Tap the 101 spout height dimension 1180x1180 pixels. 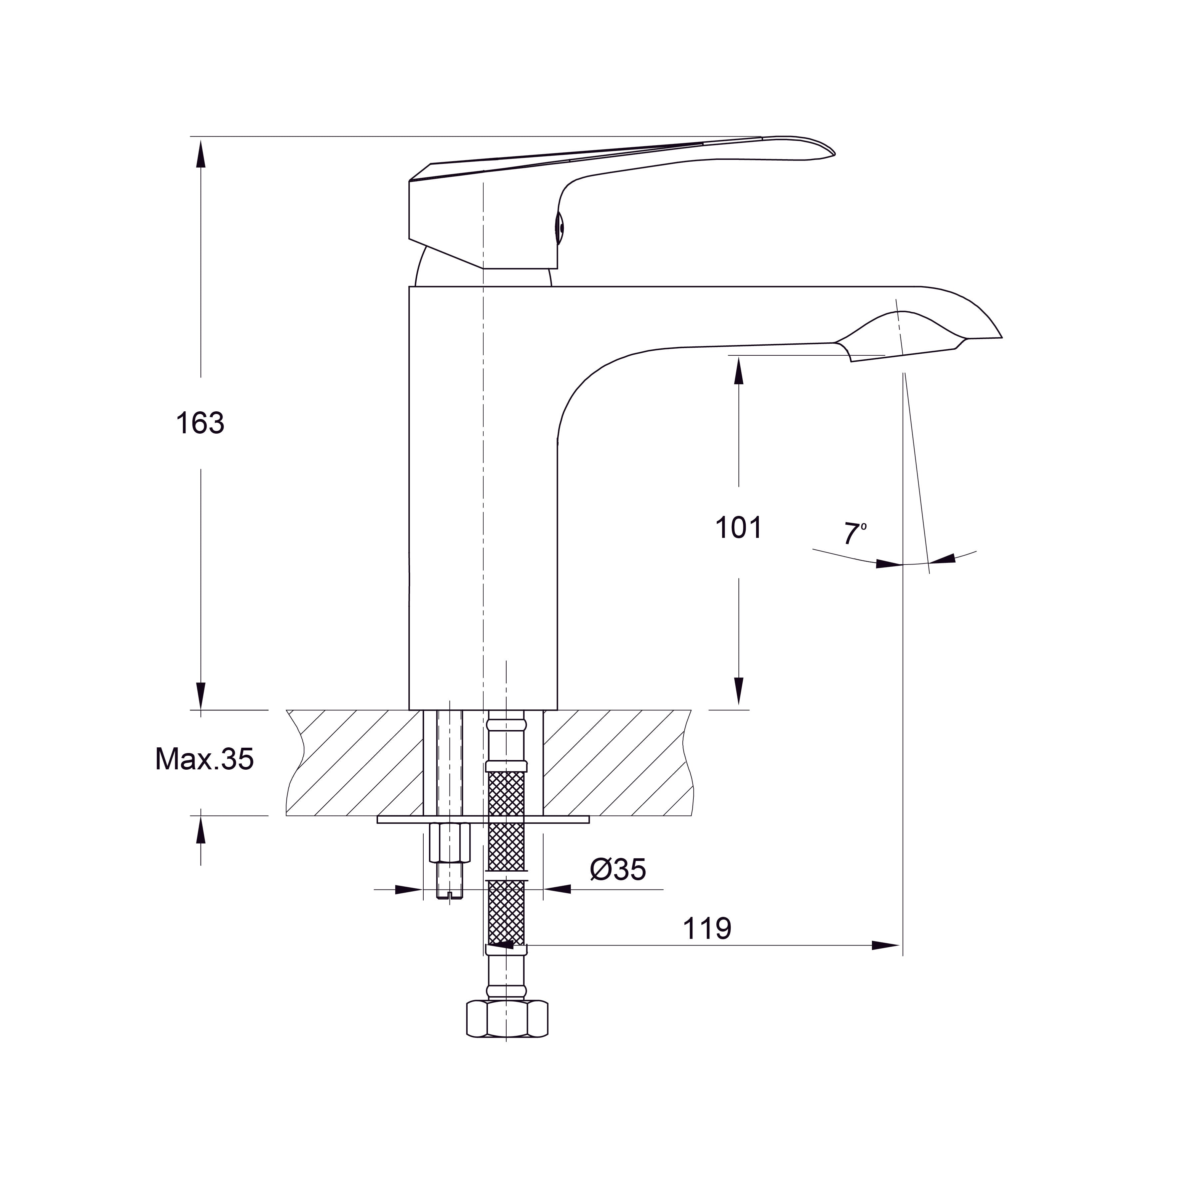click(x=739, y=528)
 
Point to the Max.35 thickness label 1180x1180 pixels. click(x=204, y=759)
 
